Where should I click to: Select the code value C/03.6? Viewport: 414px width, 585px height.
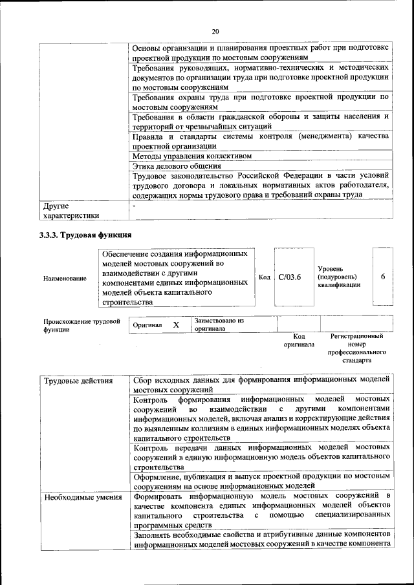click(290, 277)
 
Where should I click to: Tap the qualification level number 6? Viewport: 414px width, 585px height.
click(383, 277)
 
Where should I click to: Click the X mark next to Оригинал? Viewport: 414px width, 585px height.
click(176, 324)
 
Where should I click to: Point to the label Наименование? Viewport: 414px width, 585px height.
click(65, 278)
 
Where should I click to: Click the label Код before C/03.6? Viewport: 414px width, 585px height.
click(264, 277)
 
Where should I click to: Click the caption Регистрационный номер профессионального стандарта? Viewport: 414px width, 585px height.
click(356, 348)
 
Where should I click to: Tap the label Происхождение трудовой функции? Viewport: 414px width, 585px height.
click(82, 324)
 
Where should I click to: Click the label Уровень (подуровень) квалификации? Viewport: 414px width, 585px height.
click(339, 277)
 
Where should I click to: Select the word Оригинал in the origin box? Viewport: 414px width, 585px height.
click(147, 324)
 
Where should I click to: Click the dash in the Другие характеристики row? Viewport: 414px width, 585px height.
click(134, 206)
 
